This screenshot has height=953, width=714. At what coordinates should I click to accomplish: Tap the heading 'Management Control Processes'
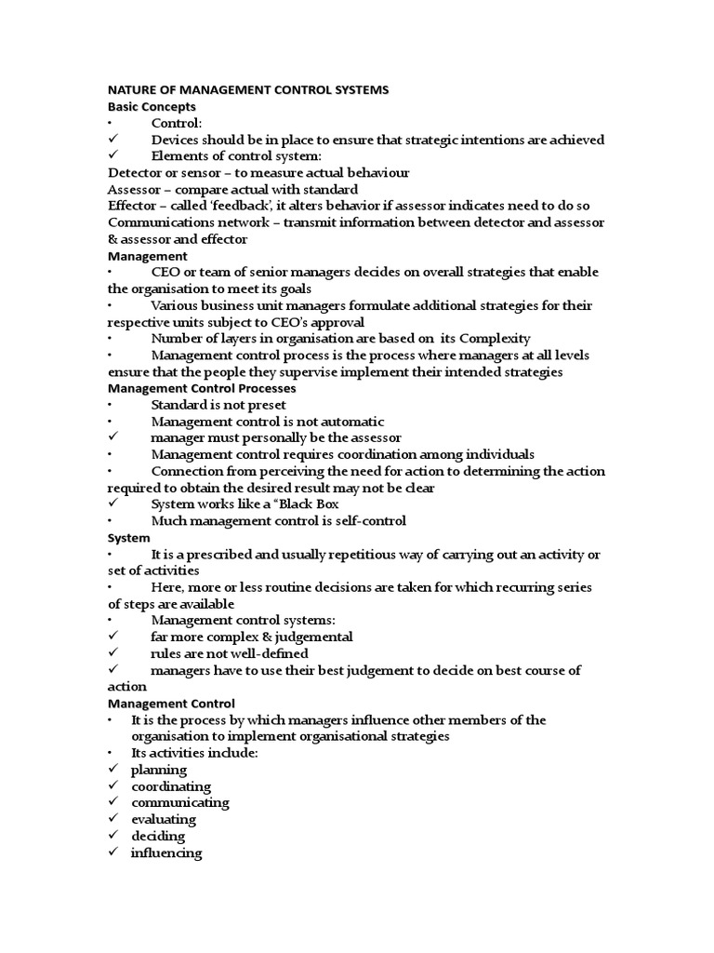(x=202, y=388)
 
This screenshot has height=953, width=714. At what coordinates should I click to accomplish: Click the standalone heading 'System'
(x=128, y=538)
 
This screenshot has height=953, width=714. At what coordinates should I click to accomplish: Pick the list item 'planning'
(x=159, y=770)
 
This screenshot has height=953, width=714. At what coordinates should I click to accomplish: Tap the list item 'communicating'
(x=179, y=803)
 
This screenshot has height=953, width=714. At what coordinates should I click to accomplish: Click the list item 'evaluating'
(x=164, y=820)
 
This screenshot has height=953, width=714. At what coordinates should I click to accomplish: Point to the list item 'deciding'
(x=158, y=837)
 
